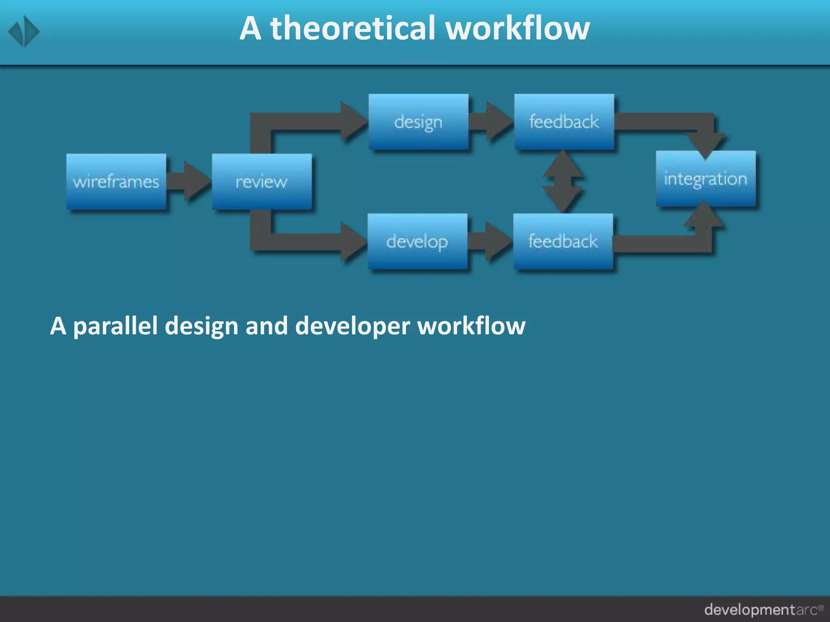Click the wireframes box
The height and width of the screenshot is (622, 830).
(116, 181)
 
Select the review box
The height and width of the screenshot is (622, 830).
(262, 181)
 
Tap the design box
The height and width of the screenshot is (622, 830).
(418, 121)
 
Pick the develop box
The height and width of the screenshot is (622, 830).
(417, 241)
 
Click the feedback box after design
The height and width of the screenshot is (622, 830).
(564, 121)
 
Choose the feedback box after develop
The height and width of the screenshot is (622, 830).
(563, 241)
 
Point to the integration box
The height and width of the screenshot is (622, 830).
(706, 179)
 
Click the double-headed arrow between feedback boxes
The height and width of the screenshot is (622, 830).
(563, 181)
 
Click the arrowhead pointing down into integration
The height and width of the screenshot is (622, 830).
(706, 144)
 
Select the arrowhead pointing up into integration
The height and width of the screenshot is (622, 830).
(704, 215)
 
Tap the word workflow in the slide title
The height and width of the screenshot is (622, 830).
(517, 28)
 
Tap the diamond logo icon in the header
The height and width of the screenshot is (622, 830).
(24, 31)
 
